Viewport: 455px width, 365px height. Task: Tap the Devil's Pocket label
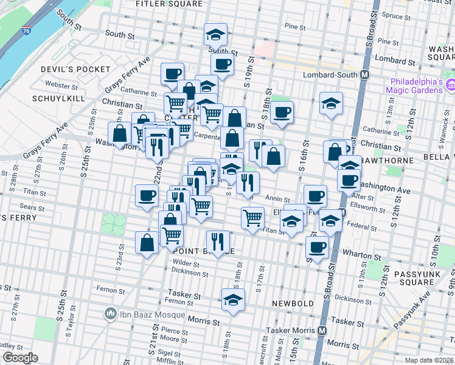[65, 70]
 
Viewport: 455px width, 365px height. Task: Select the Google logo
[20, 358]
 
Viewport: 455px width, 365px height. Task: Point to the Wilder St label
[187, 263]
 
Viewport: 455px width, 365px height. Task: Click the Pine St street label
[294, 27]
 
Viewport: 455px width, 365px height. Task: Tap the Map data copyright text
[429, 360]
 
